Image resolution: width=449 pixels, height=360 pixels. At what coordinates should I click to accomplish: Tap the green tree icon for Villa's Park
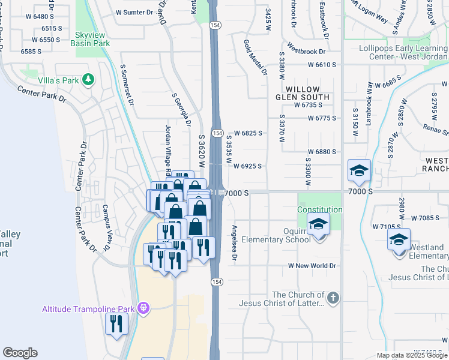[89, 79]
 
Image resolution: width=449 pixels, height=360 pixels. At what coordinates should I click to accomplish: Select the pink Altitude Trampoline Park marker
[143, 309]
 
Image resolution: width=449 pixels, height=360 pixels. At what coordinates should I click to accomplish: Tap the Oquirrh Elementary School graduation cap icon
[319, 226]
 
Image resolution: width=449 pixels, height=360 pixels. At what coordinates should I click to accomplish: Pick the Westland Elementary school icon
[399, 241]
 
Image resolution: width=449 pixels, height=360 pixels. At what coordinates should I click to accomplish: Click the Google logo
[20, 353]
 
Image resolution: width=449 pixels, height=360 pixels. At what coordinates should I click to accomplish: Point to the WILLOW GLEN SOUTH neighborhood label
[303, 92]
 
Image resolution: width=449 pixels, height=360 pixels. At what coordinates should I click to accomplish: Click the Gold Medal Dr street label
[255, 58]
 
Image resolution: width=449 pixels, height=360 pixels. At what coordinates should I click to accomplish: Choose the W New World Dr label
[312, 265]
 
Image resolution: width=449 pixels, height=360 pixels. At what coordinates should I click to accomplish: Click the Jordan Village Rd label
[169, 148]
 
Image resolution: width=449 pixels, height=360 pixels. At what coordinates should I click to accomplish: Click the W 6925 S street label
[247, 166]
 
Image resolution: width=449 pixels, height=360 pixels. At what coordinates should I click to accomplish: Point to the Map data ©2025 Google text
[411, 355]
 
